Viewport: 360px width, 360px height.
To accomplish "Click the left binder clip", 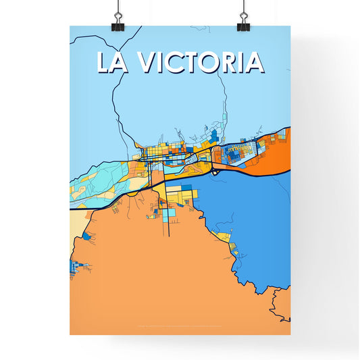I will click(x=118, y=20).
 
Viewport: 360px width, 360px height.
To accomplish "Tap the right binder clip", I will click(x=242, y=20).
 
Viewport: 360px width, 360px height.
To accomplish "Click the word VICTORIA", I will click(x=201, y=62).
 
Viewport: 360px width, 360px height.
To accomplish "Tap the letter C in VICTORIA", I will click(x=176, y=62).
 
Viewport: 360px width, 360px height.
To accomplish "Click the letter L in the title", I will click(x=103, y=62).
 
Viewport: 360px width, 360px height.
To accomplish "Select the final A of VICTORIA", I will click(x=254, y=62).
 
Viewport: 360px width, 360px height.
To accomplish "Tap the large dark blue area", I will click(x=250, y=216).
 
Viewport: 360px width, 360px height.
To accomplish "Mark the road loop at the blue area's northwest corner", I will click(x=215, y=172).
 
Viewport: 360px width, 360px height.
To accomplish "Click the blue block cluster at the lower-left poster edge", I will click(x=73, y=267).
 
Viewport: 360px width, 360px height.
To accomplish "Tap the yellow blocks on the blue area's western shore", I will click(x=222, y=236).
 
